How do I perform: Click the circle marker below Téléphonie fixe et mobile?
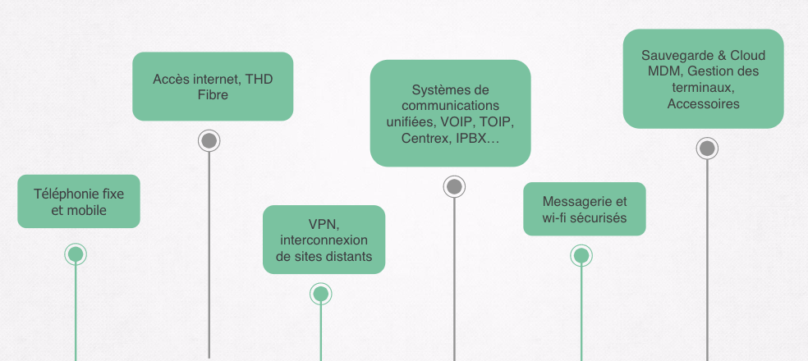pos(76,254)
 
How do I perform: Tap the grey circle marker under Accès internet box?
pos(209,140)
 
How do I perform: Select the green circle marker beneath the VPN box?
pos(321,294)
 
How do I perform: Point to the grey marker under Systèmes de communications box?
pos(454,186)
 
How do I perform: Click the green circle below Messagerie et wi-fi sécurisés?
pos(581,255)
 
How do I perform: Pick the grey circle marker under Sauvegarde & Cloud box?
pos(707,149)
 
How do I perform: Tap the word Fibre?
pos(213,95)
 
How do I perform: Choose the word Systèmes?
pos(437,89)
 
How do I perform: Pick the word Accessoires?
pos(703,104)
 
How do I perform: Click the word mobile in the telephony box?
pos(87,210)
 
